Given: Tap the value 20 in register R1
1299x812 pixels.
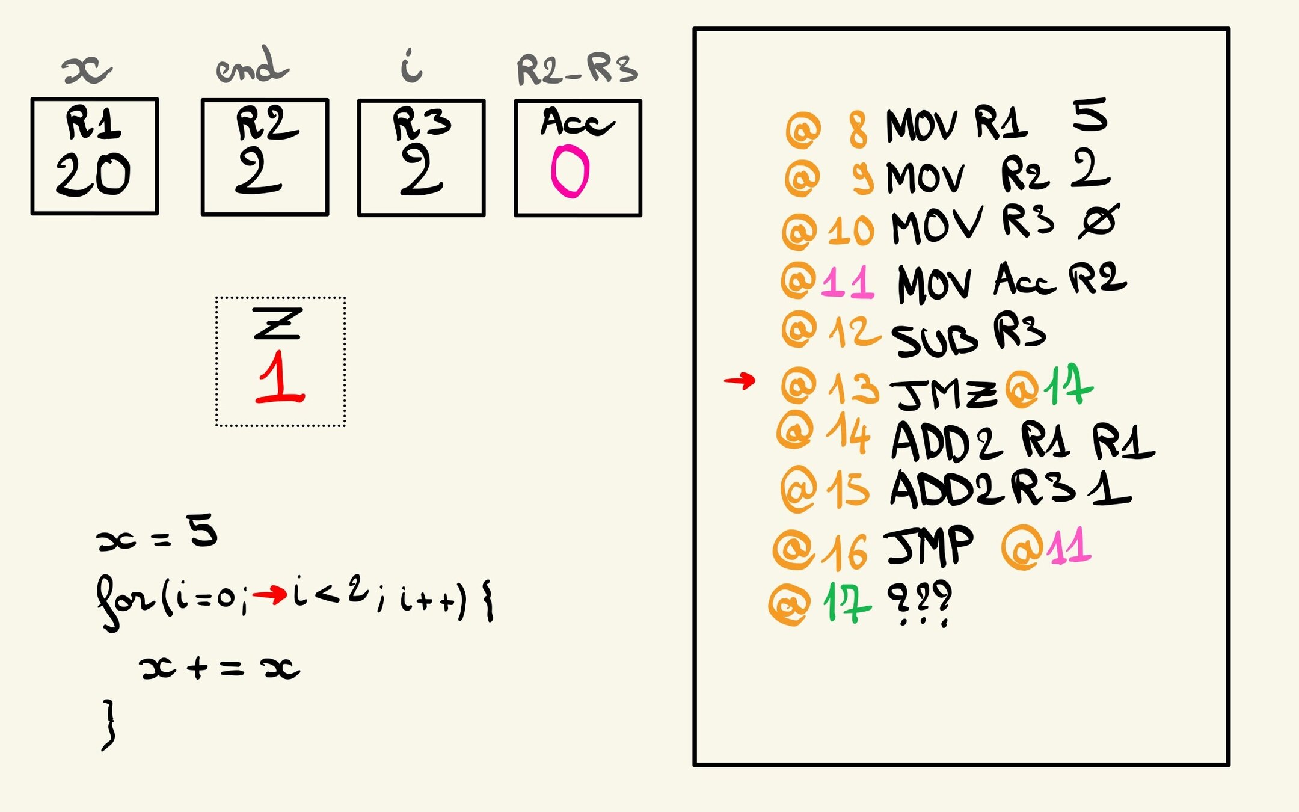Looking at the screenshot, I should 93,174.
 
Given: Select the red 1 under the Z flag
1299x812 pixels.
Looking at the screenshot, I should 280,378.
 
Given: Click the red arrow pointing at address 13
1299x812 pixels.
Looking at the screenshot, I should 739,380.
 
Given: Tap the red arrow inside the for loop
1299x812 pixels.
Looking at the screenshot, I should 269,595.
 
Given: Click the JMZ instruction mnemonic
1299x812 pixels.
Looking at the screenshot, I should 942,394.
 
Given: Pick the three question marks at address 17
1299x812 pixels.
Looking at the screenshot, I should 920,602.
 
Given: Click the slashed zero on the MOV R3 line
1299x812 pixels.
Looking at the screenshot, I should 1098,221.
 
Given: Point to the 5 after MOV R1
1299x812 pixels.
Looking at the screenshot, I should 1090,115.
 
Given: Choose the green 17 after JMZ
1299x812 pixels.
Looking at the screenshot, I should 1068,386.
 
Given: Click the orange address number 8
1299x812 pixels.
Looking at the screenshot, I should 858,129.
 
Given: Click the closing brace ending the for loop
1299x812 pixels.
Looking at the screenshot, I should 109,724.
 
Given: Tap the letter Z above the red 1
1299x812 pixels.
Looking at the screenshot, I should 277,324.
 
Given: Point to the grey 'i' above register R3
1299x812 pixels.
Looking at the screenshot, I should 412,66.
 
